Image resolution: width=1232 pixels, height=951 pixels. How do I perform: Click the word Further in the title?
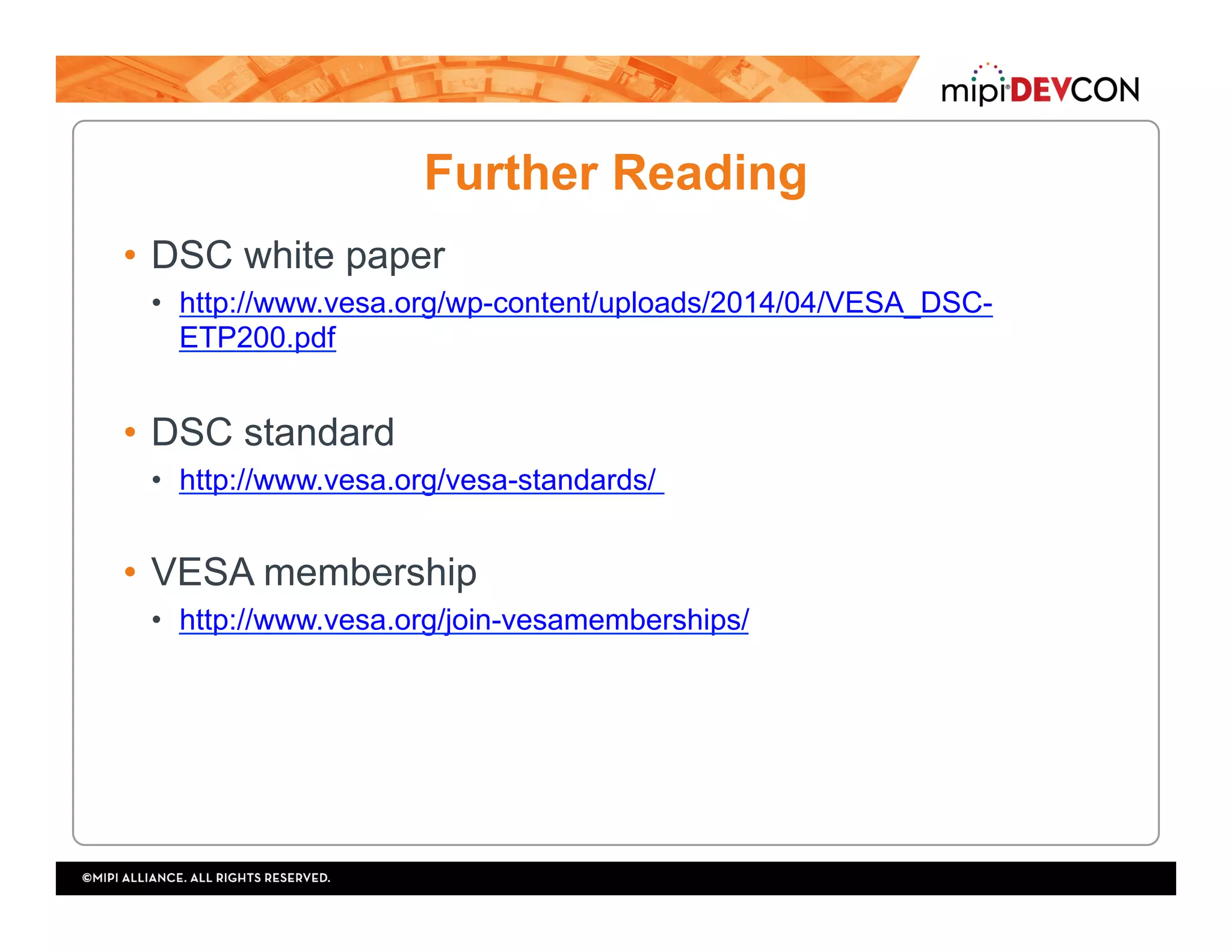tap(511, 173)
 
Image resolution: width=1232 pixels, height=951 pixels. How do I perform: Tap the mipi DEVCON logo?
tap(1039, 87)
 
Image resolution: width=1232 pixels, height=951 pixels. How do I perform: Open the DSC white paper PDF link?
tap(585, 303)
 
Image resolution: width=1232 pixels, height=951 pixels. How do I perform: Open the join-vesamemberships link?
tap(464, 620)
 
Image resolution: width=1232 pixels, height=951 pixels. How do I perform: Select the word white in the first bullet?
tap(289, 255)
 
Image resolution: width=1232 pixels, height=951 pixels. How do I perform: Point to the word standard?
tap(319, 432)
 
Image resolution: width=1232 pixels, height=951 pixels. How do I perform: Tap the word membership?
tap(370, 572)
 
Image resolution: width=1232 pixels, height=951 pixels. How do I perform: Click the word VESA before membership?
tap(203, 572)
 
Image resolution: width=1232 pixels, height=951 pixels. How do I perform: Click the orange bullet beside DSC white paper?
tap(130, 255)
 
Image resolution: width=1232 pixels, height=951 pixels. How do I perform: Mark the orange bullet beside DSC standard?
tap(130, 432)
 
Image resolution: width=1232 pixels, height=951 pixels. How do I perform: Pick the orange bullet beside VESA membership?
tap(130, 572)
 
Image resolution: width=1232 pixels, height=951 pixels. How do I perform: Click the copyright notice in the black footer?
tap(206, 878)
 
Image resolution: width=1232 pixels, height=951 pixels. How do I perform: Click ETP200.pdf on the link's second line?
tap(257, 338)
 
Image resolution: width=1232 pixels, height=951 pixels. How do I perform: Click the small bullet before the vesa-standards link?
tap(156, 480)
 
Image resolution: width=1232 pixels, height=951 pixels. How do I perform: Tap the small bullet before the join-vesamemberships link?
tap(156, 620)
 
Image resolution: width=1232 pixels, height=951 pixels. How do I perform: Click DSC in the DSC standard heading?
tap(192, 432)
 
